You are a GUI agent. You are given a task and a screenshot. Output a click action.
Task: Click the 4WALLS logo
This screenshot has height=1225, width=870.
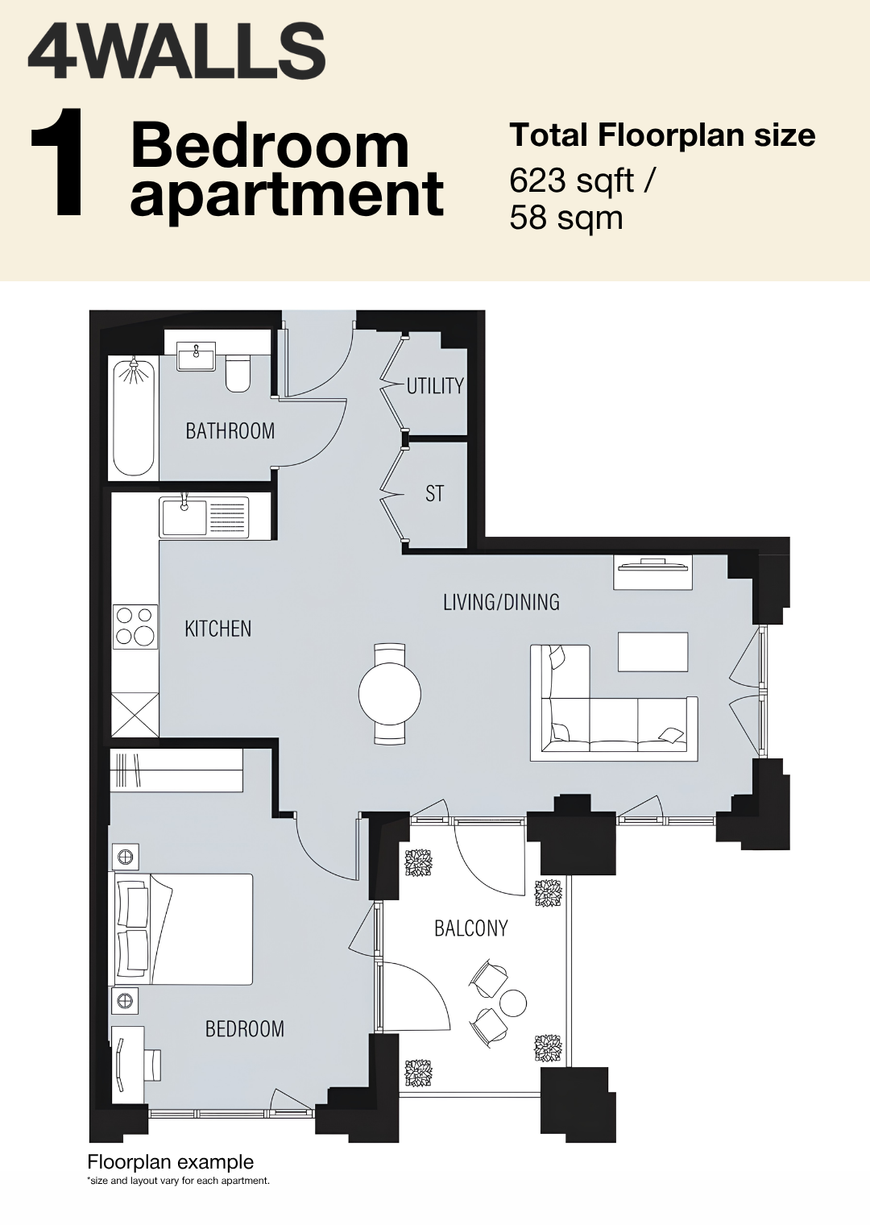click(x=176, y=52)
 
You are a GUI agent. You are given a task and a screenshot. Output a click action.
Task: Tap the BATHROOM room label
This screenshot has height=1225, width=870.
click(x=230, y=431)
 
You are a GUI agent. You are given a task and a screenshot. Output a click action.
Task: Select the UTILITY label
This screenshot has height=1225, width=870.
click(x=435, y=386)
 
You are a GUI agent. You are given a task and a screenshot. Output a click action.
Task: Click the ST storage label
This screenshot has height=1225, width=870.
click(x=434, y=494)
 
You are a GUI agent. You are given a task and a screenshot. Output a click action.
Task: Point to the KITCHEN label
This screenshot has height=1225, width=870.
click(x=218, y=629)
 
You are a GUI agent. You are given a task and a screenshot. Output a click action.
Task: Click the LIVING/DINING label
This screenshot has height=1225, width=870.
click(x=501, y=602)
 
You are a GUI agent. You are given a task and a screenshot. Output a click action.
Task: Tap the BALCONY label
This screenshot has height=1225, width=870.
click(x=471, y=928)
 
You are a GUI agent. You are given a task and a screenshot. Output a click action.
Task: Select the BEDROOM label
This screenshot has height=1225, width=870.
click(x=245, y=1029)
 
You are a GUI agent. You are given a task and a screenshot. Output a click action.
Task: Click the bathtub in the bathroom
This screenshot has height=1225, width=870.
click(x=134, y=417)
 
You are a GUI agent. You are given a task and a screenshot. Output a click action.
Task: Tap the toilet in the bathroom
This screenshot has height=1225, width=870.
click(x=238, y=373)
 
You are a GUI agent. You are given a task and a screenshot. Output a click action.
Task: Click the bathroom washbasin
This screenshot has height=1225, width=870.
click(x=197, y=355)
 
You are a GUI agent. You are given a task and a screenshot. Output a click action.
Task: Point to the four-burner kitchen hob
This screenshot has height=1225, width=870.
click(x=135, y=627)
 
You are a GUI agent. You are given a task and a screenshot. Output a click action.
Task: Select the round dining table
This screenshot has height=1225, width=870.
click(x=390, y=694)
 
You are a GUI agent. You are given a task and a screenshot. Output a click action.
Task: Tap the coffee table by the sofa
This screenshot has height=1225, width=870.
click(x=653, y=651)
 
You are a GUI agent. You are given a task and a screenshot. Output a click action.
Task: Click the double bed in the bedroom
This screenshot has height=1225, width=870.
click(x=184, y=929)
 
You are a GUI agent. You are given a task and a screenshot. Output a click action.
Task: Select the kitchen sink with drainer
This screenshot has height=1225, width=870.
click(x=204, y=517)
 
